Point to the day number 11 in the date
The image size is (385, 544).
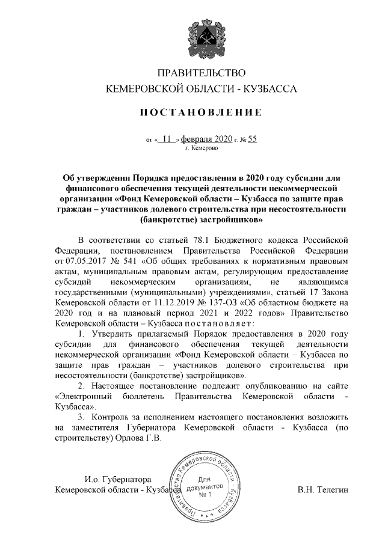(x=166, y=139)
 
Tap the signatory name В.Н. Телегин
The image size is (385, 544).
(x=323, y=489)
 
